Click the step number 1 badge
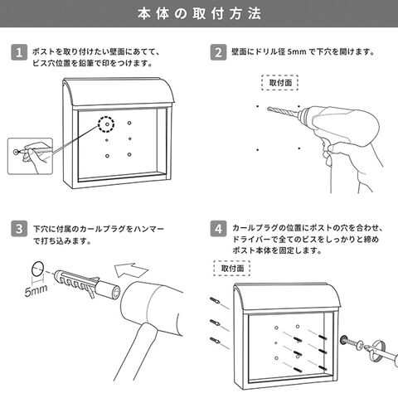(x=19, y=52)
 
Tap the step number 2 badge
(x=218, y=52)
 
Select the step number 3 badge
(x=19, y=229)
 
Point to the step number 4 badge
(x=218, y=229)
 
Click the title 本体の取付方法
(x=199, y=13)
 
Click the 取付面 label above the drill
(x=280, y=83)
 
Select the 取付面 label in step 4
(x=232, y=268)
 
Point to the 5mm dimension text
(x=36, y=290)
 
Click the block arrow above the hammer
(x=131, y=269)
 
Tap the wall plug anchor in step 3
(x=87, y=284)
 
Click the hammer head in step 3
(x=152, y=304)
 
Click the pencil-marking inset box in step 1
(x=30, y=156)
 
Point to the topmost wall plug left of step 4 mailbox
(x=216, y=300)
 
